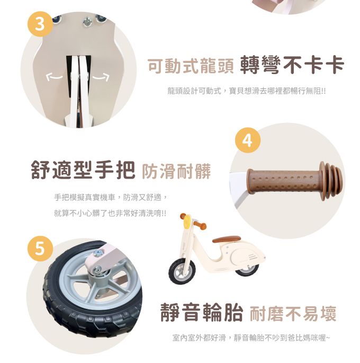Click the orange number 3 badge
(x=40, y=25)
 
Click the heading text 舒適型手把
(x=84, y=171)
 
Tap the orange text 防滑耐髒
(x=176, y=171)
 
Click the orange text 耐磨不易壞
(x=293, y=313)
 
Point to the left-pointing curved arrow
(x=55, y=77)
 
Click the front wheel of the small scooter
(x=182, y=271)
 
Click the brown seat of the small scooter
(x=227, y=239)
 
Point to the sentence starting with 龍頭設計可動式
(x=246, y=91)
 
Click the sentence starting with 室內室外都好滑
(x=251, y=337)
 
